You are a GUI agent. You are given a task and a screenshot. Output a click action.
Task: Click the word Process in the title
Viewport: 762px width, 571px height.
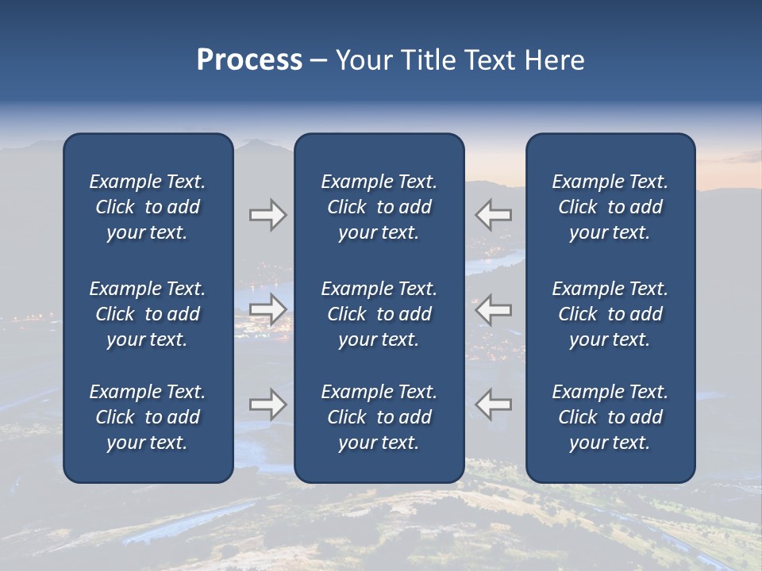(x=249, y=60)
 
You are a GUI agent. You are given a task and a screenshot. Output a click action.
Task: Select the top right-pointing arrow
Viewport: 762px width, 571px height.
(x=267, y=215)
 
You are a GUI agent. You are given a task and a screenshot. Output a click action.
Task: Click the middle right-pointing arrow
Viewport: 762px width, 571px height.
(x=267, y=309)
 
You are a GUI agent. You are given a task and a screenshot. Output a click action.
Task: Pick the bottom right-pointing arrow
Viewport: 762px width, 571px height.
(x=267, y=404)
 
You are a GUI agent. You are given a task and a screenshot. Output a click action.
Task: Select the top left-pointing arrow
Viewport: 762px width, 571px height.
(x=493, y=215)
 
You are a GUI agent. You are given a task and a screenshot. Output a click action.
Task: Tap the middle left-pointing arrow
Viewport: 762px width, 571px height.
(x=493, y=309)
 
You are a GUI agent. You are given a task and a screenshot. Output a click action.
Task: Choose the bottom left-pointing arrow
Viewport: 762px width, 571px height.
(x=493, y=404)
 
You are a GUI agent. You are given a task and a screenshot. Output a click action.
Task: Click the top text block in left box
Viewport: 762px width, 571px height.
(x=148, y=207)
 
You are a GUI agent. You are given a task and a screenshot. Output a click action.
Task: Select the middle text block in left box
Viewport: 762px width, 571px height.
(x=148, y=314)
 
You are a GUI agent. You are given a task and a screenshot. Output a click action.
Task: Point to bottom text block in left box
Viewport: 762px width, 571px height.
(x=148, y=417)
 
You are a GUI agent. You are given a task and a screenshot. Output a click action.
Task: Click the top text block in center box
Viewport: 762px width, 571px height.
(x=379, y=207)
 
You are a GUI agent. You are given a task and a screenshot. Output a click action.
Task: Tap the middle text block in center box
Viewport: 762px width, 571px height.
(x=379, y=314)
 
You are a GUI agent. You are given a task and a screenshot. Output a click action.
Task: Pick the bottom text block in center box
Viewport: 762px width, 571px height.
(x=379, y=417)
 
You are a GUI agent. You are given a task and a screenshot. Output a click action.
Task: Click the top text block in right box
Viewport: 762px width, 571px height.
(x=610, y=207)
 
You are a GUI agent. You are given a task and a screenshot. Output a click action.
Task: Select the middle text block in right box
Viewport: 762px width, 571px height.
(x=610, y=314)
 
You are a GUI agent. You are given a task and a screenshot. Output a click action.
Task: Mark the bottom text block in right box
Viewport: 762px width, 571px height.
(x=610, y=417)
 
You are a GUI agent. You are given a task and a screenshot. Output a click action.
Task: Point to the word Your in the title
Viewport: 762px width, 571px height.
(x=363, y=60)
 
